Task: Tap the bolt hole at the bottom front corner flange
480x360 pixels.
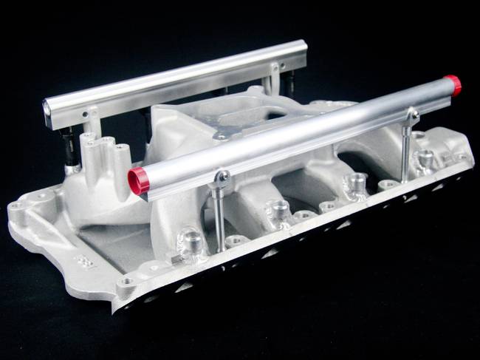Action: point(127,282)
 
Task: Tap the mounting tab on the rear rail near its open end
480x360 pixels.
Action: point(89,115)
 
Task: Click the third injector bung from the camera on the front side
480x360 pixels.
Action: point(357,182)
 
